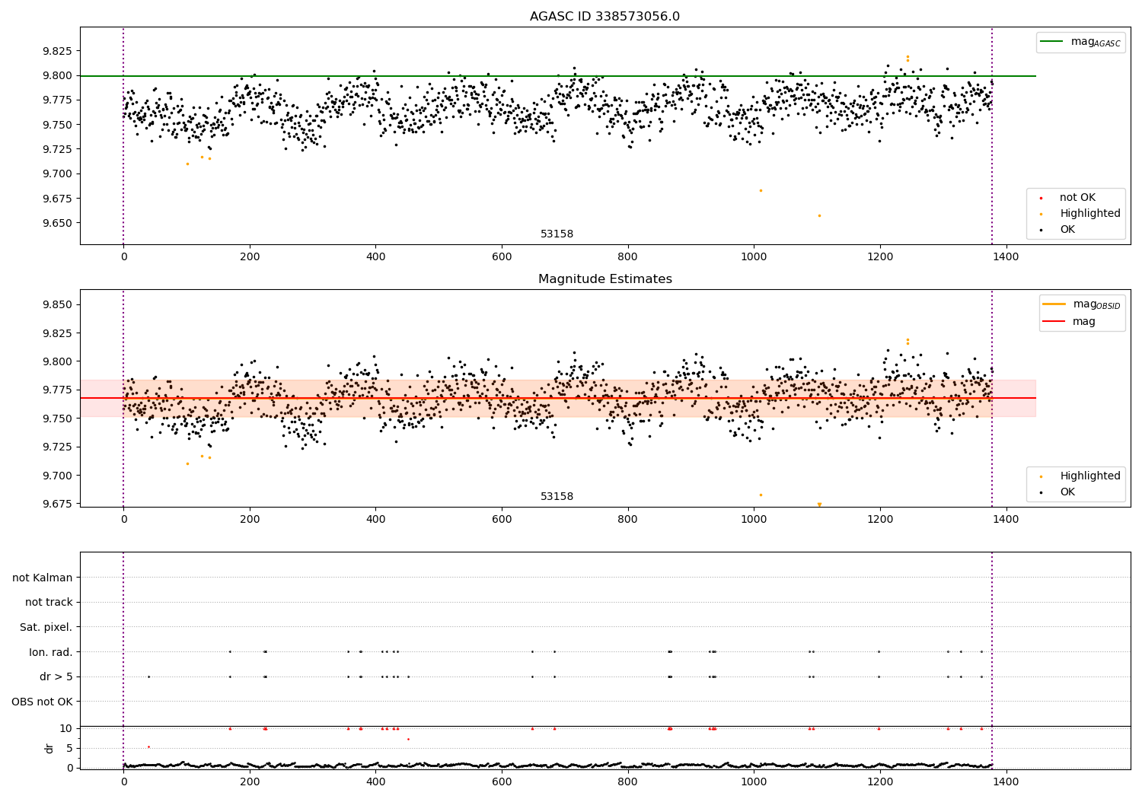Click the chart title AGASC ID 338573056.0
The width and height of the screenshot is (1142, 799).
604,17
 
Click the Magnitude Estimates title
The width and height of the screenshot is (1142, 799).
604,279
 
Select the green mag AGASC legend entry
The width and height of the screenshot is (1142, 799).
1080,42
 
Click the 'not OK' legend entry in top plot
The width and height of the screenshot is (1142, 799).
1077,198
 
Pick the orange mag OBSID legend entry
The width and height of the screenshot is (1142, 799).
1082,304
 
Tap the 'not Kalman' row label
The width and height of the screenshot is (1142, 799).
43,578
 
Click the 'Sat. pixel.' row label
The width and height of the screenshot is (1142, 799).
46,627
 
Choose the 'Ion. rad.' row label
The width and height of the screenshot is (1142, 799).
50,652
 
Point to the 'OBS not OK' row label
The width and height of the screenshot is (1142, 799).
42,702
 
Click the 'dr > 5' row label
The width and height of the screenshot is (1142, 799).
56,676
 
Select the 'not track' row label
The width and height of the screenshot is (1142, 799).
49,602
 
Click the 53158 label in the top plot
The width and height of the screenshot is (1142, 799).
557,234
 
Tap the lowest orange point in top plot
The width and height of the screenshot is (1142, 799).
819,215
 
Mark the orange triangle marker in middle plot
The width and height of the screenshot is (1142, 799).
819,505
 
